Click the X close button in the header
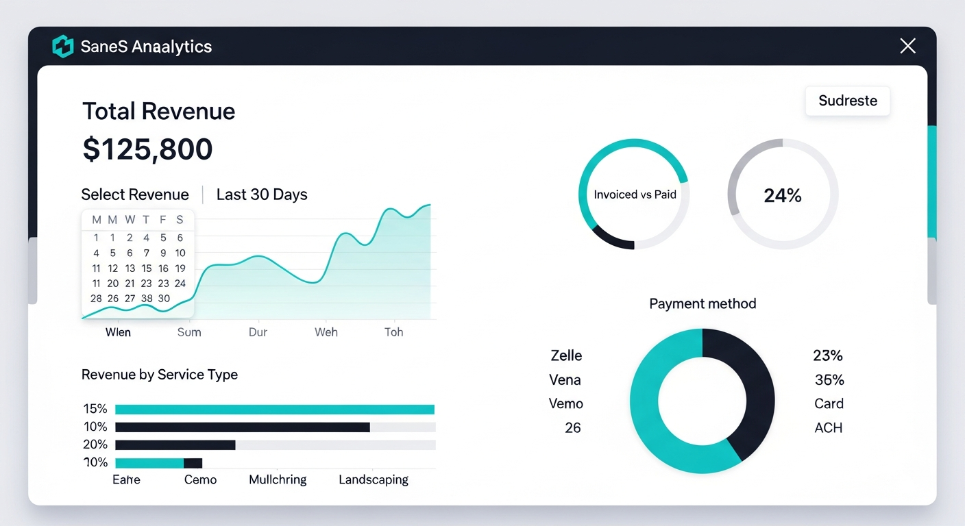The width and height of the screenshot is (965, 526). pyautogui.click(x=907, y=46)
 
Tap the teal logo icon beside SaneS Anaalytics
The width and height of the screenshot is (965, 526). pyautogui.click(x=62, y=47)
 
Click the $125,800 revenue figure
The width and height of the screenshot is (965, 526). pyautogui.click(x=147, y=149)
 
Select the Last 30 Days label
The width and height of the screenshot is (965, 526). pyautogui.click(x=262, y=195)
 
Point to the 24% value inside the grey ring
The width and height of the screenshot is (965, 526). pyautogui.click(x=783, y=196)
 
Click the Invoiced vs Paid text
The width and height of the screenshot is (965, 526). pyautogui.click(x=635, y=195)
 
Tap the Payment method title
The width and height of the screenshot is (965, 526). pyautogui.click(x=703, y=303)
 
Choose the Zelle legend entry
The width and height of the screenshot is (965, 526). pyautogui.click(x=566, y=355)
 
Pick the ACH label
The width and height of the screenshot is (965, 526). pyautogui.click(x=828, y=427)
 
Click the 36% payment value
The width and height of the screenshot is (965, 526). pyautogui.click(x=829, y=379)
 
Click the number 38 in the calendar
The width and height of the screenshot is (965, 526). pyautogui.click(x=147, y=299)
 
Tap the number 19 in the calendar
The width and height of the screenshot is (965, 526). pyautogui.click(x=180, y=268)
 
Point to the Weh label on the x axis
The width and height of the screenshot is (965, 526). pyautogui.click(x=326, y=332)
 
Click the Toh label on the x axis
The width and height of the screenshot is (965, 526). pyautogui.click(x=393, y=332)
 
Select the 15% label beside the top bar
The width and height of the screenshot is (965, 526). pyautogui.click(x=95, y=409)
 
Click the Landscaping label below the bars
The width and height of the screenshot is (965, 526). pyautogui.click(x=374, y=479)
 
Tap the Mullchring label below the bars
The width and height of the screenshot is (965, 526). pyautogui.click(x=278, y=479)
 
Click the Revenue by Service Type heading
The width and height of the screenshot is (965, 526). pyautogui.click(x=160, y=375)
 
